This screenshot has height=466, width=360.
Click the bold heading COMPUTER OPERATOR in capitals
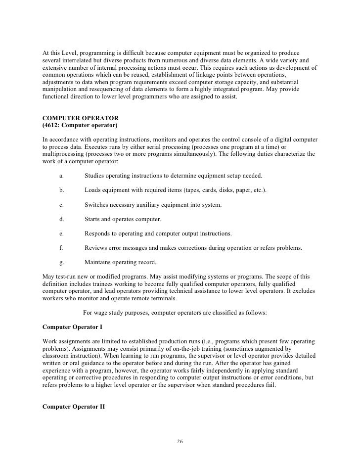coord(81,119)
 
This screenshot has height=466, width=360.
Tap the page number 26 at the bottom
coord(180,441)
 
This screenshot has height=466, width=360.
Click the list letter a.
coord(61,176)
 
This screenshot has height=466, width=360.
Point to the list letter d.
coord(61,219)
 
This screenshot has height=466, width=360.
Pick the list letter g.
coord(61,262)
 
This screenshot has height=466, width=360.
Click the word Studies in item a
coord(95,176)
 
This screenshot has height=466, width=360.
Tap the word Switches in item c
coord(97,204)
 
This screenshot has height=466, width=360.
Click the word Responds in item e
coord(98,233)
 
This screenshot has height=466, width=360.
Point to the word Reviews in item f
coord(96,247)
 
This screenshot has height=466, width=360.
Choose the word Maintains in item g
coord(99,262)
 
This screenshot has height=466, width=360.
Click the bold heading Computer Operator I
coord(74,327)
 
